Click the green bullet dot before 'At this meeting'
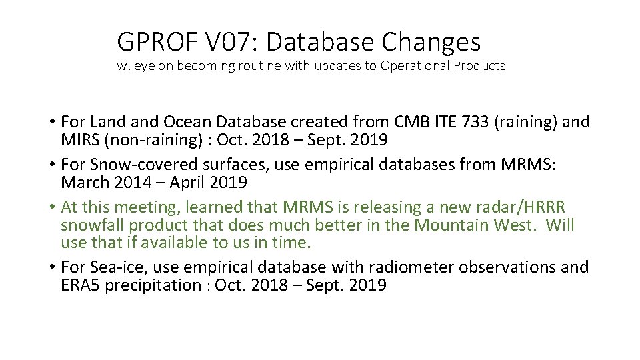51,207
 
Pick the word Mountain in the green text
453,225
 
